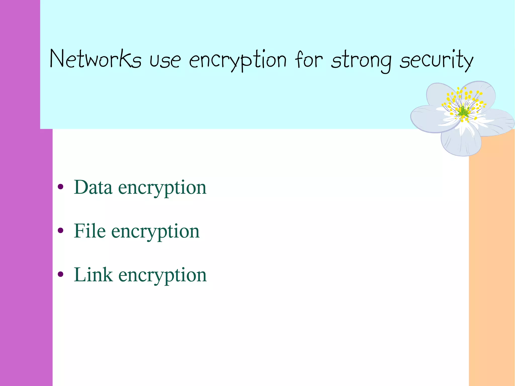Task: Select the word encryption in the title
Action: pyautogui.click(x=238, y=60)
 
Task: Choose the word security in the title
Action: pyautogui.click(x=437, y=60)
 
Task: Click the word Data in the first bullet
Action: pyautogui.click(x=93, y=187)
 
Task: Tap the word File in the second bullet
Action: pyautogui.click(x=90, y=231)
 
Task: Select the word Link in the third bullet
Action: pyautogui.click(x=93, y=275)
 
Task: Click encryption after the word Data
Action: pyautogui.click(x=162, y=188)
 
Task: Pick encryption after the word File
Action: pyautogui.click(x=155, y=232)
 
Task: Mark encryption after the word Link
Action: pyautogui.click(x=162, y=275)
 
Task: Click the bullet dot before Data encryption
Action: pyautogui.click(x=60, y=187)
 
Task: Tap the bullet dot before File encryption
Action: pyautogui.click(x=60, y=230)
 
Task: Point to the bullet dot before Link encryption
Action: pyautogui.click(x=60, y=274)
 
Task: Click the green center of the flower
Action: pyautogui.click(x=463, y=111)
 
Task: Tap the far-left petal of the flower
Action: pyautogui.click(x=427, y=118)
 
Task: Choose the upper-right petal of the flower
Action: pyautogui.click(x=483, y=93)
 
